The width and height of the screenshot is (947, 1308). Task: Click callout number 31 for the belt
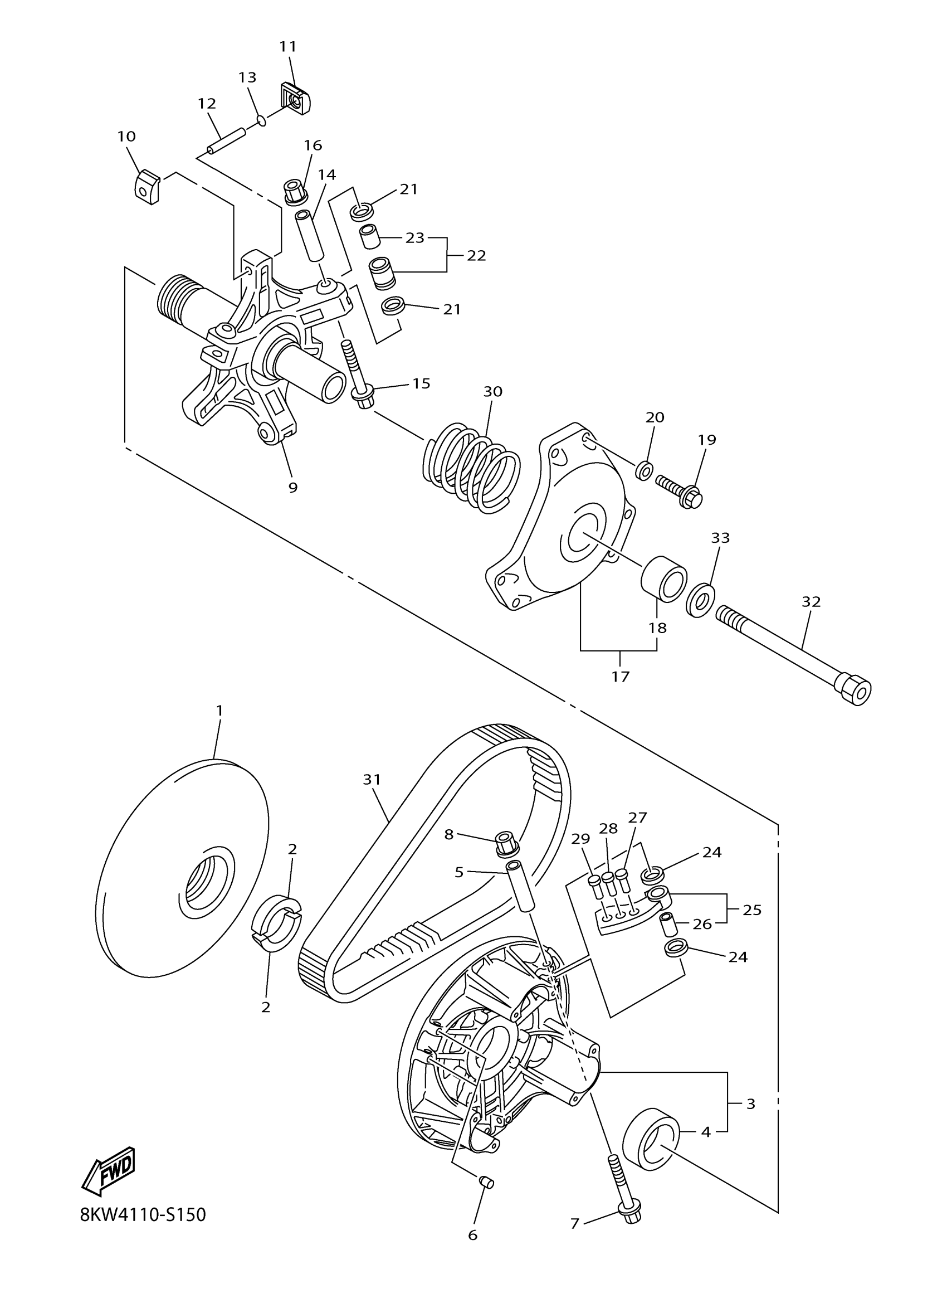(372, 780)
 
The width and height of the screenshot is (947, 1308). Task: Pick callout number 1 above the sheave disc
(219, 711)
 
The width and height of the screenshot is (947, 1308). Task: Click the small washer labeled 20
(645, 470)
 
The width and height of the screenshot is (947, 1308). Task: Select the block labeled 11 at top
(296, 99)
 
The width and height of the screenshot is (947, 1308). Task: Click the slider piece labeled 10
(148, 186)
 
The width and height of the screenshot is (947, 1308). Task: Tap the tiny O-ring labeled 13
(262, 120)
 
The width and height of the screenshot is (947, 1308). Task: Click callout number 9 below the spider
(293, 487)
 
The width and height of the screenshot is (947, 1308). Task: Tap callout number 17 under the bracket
(621, 677)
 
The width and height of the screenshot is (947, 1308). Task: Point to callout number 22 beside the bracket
(476, 255)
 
